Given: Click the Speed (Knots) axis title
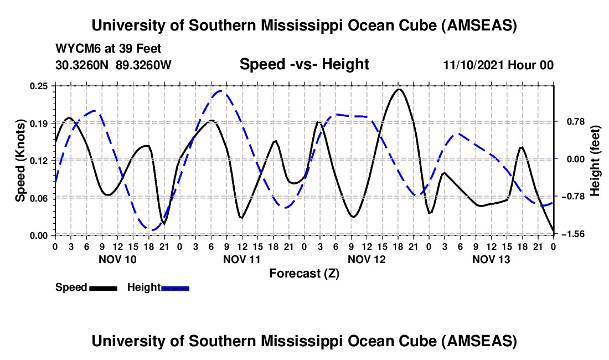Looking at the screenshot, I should click(20, 160).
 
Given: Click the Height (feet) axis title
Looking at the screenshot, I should click(595, 160).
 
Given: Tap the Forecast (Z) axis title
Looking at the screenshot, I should click(304, 273).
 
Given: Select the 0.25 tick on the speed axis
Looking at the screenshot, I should click(40, 86).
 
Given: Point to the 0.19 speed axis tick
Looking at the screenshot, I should click(40, 122).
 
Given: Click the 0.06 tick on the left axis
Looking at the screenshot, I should click(40, 198).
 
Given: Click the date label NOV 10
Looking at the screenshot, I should click(117, 259).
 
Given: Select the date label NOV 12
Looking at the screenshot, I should click(366, 259).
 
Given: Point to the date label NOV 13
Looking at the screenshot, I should click(491, 259).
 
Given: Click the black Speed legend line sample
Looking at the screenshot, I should click(103, 287).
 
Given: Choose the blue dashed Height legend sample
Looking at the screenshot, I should click(176, 287).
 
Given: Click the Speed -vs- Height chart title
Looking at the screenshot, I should click(304, 64).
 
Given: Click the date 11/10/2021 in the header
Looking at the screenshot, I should click(476, 65).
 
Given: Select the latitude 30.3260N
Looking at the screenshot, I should click(82, 65).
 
